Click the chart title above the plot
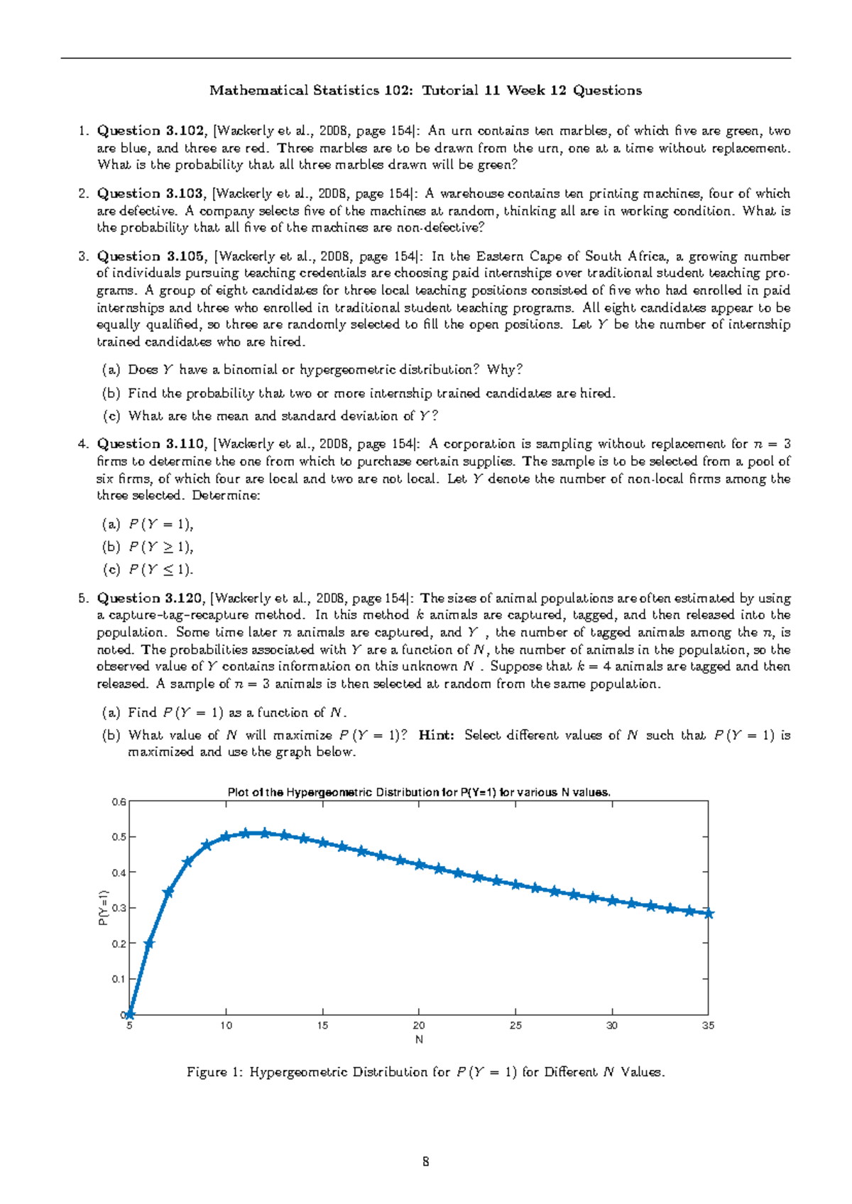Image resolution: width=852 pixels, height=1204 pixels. (x=418, y=792)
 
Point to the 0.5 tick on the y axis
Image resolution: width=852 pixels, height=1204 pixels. (x=119, y=837)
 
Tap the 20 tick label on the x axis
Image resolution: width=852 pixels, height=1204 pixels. (x=419, y=1025)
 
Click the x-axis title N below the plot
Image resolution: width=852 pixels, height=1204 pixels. (x=419, y=1039)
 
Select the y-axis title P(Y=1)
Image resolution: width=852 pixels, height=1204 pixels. (x=103, y=908)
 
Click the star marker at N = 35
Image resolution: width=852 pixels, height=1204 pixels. (x=708, y=914)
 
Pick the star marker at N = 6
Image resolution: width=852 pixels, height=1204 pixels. (x=149, y=943)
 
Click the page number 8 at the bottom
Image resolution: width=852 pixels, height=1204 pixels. (x=425, y=1161)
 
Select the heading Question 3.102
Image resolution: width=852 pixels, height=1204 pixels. (x=151, y=131)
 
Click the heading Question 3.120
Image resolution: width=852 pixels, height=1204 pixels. (x=151, y=598)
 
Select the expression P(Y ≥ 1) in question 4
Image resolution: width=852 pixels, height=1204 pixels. (x=160, y=547)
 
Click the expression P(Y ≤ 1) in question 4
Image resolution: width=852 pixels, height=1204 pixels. (x=160, y=569)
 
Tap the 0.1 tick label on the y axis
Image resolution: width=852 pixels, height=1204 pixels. (x=119, y=979)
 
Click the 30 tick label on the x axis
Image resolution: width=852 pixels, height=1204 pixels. (x=611, y=1025)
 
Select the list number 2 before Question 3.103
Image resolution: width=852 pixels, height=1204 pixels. (x=83, y=194)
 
